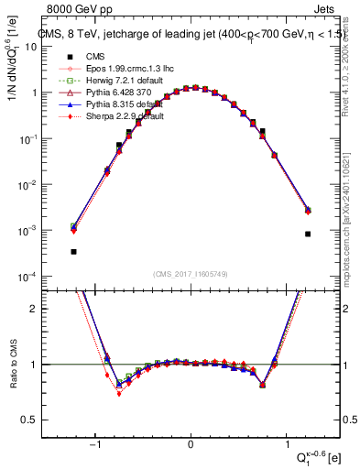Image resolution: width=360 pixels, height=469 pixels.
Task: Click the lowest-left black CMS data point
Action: point(73,251)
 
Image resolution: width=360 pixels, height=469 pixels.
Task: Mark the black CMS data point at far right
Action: point(308,234)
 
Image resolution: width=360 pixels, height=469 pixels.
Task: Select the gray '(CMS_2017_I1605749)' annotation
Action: point(191,275)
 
